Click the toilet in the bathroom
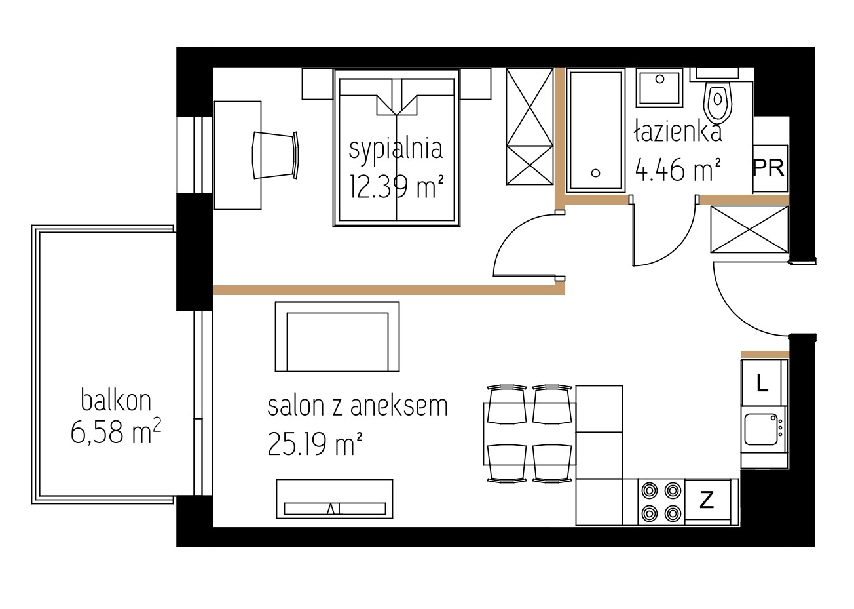tap(718, 96)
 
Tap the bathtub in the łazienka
tap(595, 130)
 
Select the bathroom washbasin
tap(659, 87)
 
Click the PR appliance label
tap(768, 168)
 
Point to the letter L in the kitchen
tap(762, 383)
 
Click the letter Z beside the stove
tap(707, 500)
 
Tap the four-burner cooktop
tap(661, 502)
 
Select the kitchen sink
tap(764, 429)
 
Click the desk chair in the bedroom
tap(275, 155)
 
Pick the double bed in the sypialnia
tap(396, 147)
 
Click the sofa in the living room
tap(337, 336)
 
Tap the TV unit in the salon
tap(335, 498)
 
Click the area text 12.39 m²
tap(396, 187)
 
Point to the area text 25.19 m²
tap(314, 444)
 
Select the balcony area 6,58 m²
tap(116, 431)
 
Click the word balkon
tap(116, 401)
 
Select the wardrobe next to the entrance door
tap(749, 229)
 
